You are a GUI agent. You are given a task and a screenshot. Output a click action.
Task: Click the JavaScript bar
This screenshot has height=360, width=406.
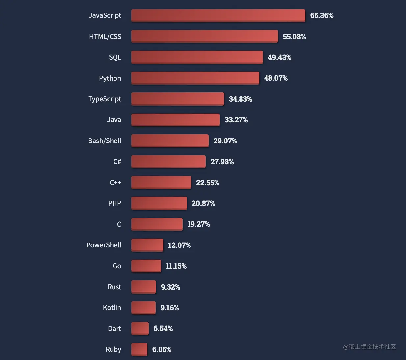tap(218, 15)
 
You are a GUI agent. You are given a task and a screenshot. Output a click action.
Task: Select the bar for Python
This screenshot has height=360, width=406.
tap(195, 78)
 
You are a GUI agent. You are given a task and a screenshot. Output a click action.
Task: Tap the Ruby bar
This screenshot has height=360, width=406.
tap(139, 349)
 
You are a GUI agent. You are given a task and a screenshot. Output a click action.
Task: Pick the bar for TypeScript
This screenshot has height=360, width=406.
tap(178, 99)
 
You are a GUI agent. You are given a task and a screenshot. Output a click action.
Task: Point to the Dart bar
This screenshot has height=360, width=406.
tap(140, 328)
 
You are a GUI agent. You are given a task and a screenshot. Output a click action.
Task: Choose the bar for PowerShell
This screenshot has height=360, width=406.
tap(147, 245)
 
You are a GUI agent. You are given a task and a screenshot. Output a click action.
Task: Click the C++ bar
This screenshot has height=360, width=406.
tap(161, 182)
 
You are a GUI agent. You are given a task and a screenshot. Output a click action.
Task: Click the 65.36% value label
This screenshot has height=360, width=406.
tap(321, 15)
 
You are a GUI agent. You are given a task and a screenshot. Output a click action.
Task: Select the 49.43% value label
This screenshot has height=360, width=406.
tap(279, 57)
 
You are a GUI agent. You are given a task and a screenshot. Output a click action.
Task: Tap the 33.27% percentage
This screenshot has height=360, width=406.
tap(236, 120)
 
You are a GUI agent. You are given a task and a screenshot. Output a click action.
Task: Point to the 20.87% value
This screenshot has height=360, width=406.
tap(203, 203)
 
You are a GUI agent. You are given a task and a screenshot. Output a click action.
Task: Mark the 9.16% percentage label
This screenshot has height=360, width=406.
tap(169, 308)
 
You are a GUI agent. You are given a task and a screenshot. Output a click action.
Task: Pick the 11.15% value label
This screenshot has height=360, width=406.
tap(176, 266)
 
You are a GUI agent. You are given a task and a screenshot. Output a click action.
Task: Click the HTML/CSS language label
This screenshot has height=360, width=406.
tap(105, 37)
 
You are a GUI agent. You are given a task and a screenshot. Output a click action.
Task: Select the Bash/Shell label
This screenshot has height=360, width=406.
tap(105, 141)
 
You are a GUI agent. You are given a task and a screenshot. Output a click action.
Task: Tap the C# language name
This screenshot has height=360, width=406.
tap(117, 162)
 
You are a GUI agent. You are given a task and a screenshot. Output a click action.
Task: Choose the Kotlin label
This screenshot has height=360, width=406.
tap(112, 308)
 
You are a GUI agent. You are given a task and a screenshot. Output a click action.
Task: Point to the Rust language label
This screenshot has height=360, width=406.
tap(114, 287)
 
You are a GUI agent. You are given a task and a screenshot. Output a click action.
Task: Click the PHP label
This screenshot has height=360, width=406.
tap(114, 203)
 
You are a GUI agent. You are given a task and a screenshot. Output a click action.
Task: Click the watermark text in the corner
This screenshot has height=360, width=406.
tap(369, 347)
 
